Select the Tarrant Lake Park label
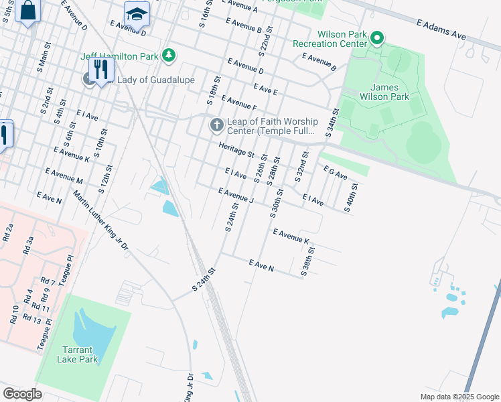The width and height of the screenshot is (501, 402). tap(81, 354)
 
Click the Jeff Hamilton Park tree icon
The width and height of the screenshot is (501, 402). tap(170, 55)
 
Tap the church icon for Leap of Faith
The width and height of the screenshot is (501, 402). tap(216, 125)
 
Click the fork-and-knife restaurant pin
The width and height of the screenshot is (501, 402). tap(101, 69)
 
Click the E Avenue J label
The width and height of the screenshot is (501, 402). tap(236, 196)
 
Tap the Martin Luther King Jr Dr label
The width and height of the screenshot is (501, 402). tap(100, 221)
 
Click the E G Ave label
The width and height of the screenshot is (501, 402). tap(335, 172)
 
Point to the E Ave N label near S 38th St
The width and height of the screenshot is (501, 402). tap(261, 265)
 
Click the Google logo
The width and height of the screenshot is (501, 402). tap(22, 394)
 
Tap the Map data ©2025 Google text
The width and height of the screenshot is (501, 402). tap(459, 397)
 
